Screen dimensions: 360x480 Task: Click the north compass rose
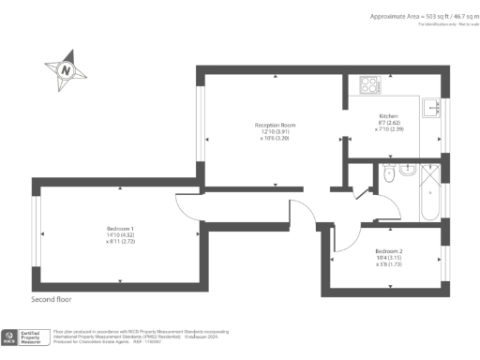[x=65, y=69]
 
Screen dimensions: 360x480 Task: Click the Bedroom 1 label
[x=120, y=229]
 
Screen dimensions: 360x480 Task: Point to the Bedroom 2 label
[x=388, y=252]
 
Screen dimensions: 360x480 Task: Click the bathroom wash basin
[x=387, y=173]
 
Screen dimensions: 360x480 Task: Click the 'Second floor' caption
[x=51, y=300]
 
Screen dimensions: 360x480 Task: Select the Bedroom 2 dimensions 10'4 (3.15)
[x=388, y=259]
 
